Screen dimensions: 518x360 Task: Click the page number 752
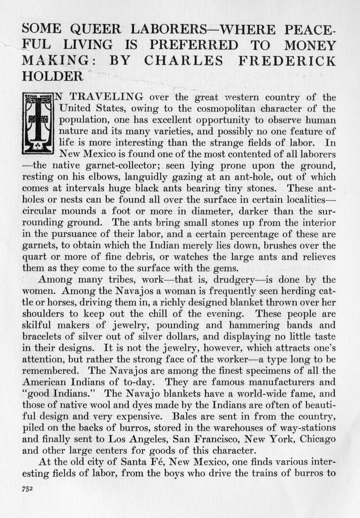(28, 488)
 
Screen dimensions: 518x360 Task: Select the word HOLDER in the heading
(52, 76)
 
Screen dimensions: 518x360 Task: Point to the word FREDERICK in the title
(287, 61)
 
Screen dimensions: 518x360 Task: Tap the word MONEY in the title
(309, 45)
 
